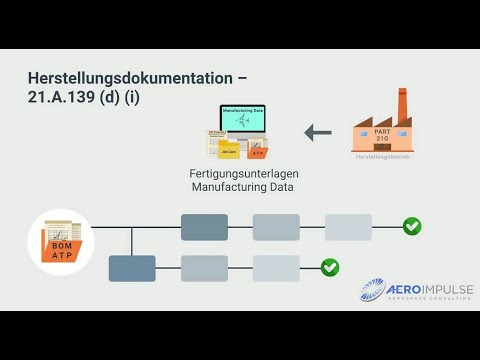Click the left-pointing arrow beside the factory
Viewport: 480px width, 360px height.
tap(317, 131)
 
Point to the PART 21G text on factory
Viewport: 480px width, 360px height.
tap(382, 132)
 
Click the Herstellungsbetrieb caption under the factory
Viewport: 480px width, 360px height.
tap(382, 155)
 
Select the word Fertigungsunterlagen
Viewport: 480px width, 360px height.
tap(244, 174)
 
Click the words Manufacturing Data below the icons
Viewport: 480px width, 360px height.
tap(244, 187)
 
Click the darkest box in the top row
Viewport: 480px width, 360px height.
tap(204, 227)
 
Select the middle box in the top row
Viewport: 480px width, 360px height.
tap(276, 227)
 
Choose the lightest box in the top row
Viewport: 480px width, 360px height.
tap(348, 227)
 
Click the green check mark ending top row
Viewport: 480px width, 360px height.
tap(412, 227)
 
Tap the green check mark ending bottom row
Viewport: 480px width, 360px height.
tap(330, 267)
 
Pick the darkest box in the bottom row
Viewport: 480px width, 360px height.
tap(132, 268)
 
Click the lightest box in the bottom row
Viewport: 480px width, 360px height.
tap(276, 268)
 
